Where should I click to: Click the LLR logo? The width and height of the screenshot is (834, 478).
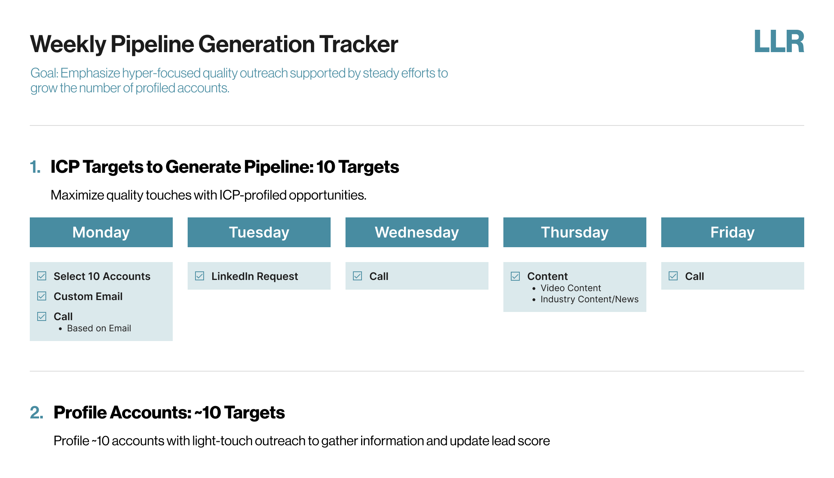779,41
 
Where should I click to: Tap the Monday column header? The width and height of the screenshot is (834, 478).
101,232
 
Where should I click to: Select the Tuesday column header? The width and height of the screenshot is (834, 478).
259,232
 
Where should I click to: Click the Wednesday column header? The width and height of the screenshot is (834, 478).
417,232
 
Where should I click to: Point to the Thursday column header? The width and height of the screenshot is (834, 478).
575,232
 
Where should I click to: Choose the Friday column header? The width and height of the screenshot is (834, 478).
733,232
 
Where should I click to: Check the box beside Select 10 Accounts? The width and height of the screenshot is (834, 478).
42,276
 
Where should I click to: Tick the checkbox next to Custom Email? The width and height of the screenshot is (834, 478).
42,296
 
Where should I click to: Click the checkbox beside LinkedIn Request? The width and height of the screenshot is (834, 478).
200,276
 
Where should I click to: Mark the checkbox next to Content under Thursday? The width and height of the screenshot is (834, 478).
515,276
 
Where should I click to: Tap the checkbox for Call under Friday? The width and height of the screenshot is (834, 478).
673,276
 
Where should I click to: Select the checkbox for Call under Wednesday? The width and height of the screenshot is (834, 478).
357,276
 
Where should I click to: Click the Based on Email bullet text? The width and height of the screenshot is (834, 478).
99,328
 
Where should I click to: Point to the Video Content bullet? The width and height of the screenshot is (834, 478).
571,288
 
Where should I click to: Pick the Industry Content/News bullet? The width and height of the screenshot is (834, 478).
589,299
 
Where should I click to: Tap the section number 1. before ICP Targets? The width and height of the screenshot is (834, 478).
35,167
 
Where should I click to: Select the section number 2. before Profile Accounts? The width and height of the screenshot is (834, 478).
36,412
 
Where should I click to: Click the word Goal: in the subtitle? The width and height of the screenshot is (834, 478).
44,73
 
